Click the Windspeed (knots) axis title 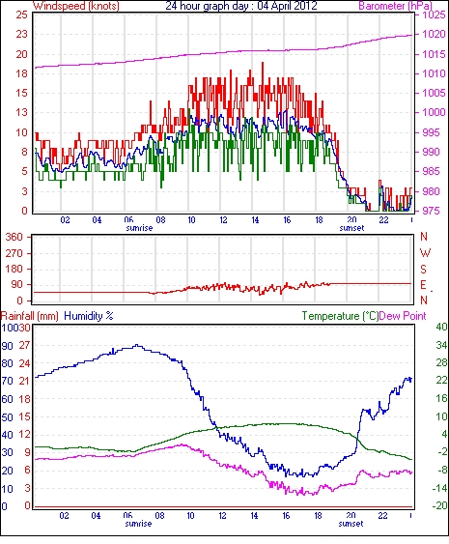[x=76, y=6]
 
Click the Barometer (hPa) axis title [x=396, y=6]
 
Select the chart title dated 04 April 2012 [x=241, y=6]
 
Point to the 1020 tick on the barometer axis [x=434, y=34]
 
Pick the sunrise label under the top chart [x=139, y=228]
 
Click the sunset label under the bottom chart [x=351, y=523]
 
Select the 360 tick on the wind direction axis [x=14, y=238]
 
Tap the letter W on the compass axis [x=425, y=253]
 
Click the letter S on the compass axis [x=423, y=269]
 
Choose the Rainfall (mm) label [x=30, y=316]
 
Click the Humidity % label [x=89, y=316]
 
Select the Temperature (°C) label [x=340, y=316]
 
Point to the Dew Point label [x=403, y=316]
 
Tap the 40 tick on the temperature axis [x=441, y=328]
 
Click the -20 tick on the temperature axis [x=439, y=505]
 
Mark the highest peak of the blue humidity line [x=137, y=345]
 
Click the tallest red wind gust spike [x=263, y=63]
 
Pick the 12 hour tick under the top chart [x=223, y=220]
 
